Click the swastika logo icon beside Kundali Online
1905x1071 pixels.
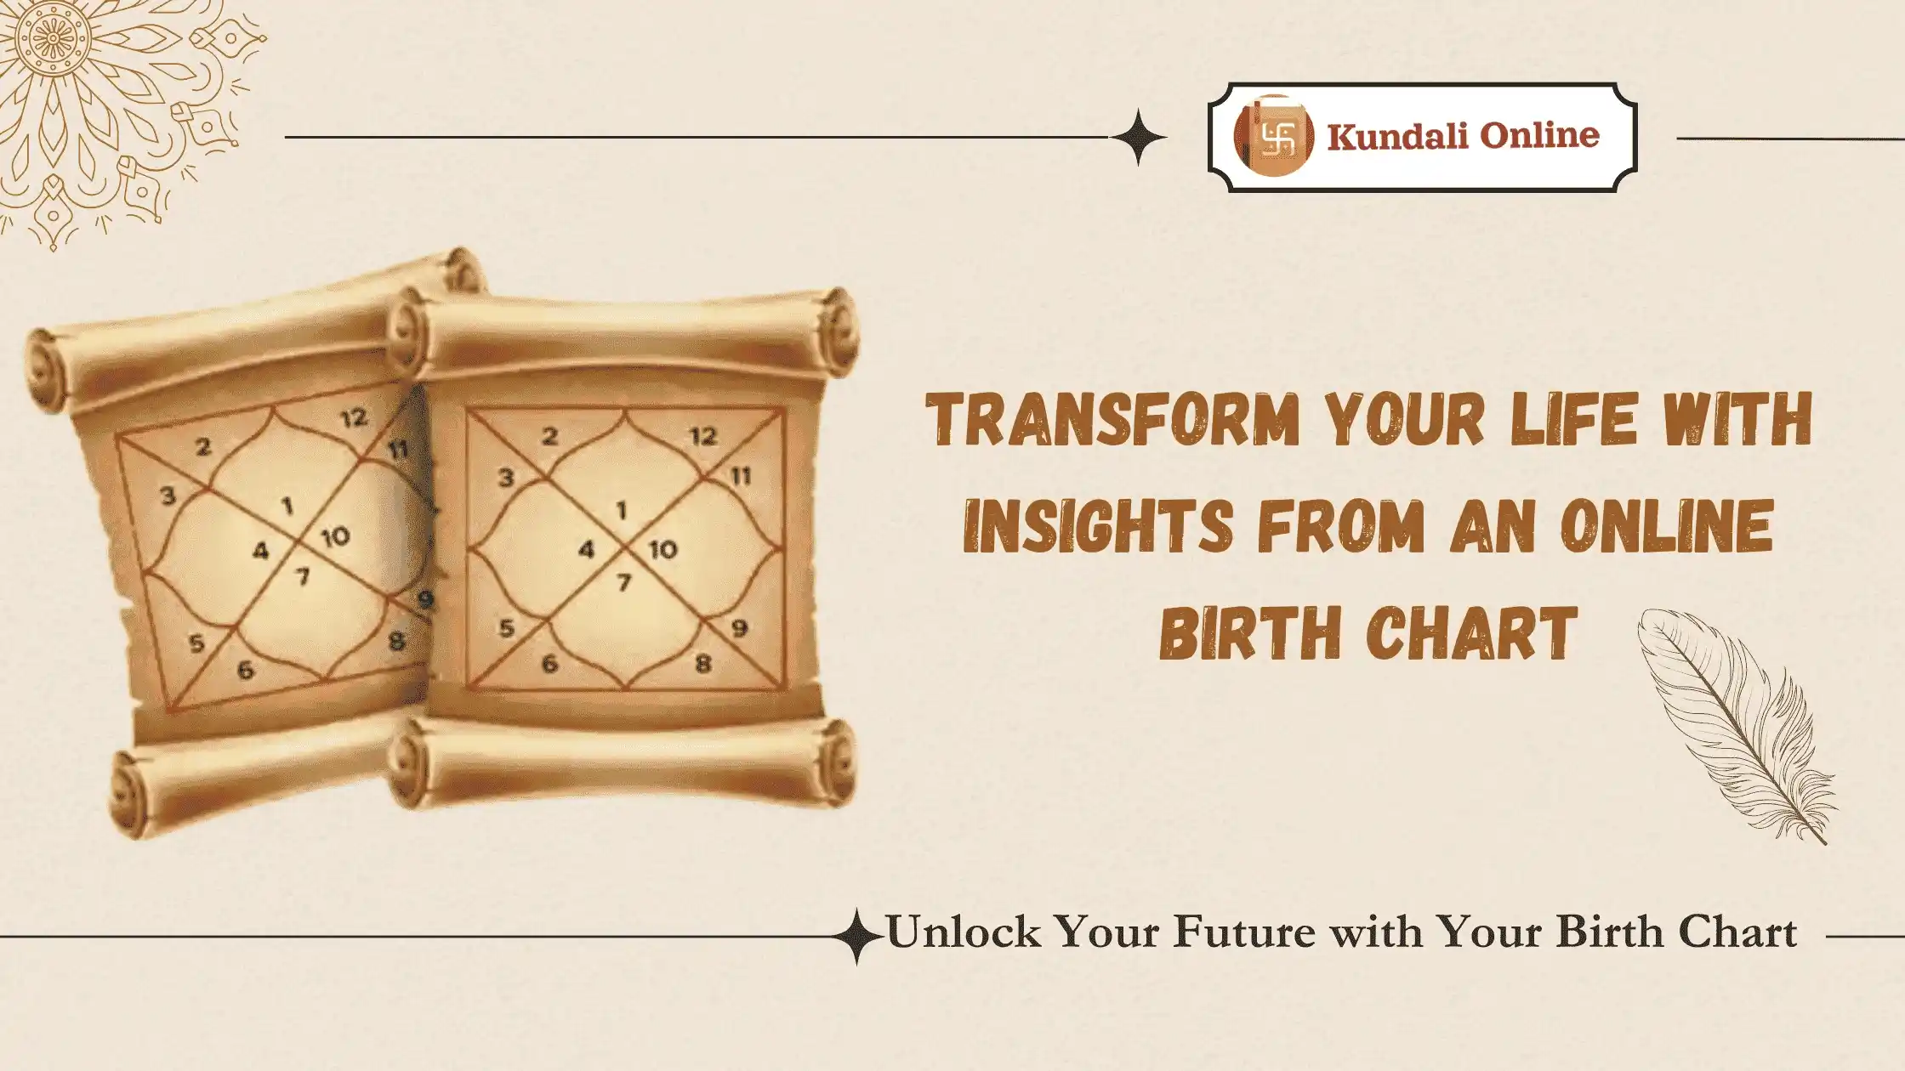click(1273, 136)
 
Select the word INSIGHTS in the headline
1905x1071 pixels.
click(1098, 526)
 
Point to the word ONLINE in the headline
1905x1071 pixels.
click(1667, 526)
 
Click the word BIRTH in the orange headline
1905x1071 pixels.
click(1243, 633)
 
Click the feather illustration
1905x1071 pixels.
click(1735, 722)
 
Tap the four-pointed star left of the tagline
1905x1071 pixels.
click(856, 937)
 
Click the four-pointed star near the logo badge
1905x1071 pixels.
click(1138, 137)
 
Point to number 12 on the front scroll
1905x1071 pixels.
click(703, 436)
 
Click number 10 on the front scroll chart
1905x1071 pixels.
click(663, 550)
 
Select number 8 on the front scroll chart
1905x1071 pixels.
click(702, 664)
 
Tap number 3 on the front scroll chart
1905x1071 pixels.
click(506, 479)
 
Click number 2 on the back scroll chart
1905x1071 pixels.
click(202, 447)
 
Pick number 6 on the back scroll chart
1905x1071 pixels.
click(245, 671)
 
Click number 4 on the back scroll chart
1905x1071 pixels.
click(260, 552)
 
